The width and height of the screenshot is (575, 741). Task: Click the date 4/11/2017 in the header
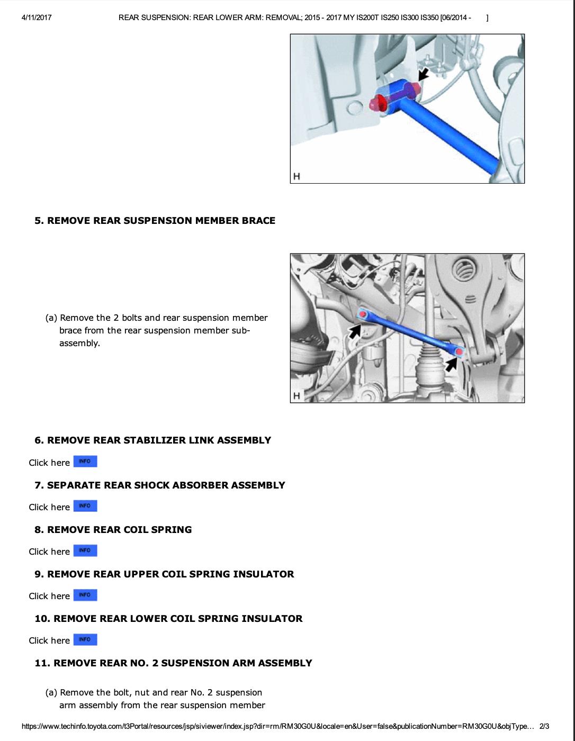37,17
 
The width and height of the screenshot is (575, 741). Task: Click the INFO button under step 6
85,462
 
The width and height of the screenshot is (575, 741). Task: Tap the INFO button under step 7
85,506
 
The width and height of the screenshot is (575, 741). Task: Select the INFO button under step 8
85,550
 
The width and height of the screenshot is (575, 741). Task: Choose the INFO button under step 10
85,639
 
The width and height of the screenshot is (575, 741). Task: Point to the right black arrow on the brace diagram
451,364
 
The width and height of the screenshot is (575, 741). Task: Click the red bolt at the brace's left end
362,314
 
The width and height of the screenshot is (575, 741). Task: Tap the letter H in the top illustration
297,176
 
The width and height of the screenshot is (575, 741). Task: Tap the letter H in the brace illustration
297,395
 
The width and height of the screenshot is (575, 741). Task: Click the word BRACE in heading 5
258,221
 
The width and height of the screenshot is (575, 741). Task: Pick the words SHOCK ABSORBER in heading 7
186,485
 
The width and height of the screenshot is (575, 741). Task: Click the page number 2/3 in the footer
544,726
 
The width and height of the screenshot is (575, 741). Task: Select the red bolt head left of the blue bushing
378,103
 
